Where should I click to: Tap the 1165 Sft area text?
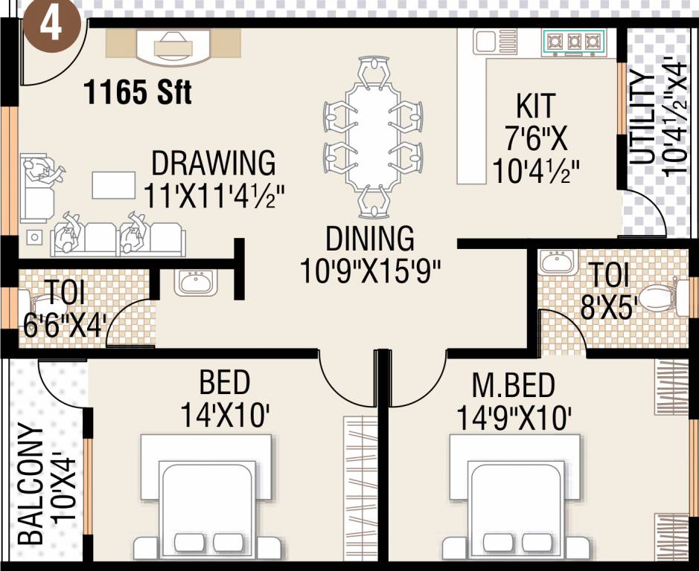coord(138,93)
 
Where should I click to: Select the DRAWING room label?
coord(214,163)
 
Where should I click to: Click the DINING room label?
coord(370,239)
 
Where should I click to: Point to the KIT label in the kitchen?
coord(535,106)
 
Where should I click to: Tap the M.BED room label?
coord(514,387)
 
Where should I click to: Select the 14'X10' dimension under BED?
coord(224,416)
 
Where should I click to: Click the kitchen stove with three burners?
coord(574,42)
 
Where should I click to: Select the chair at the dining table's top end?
coord(373,73)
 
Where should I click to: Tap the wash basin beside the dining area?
coord(195,283)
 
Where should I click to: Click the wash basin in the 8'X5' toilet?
coord(556,262)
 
